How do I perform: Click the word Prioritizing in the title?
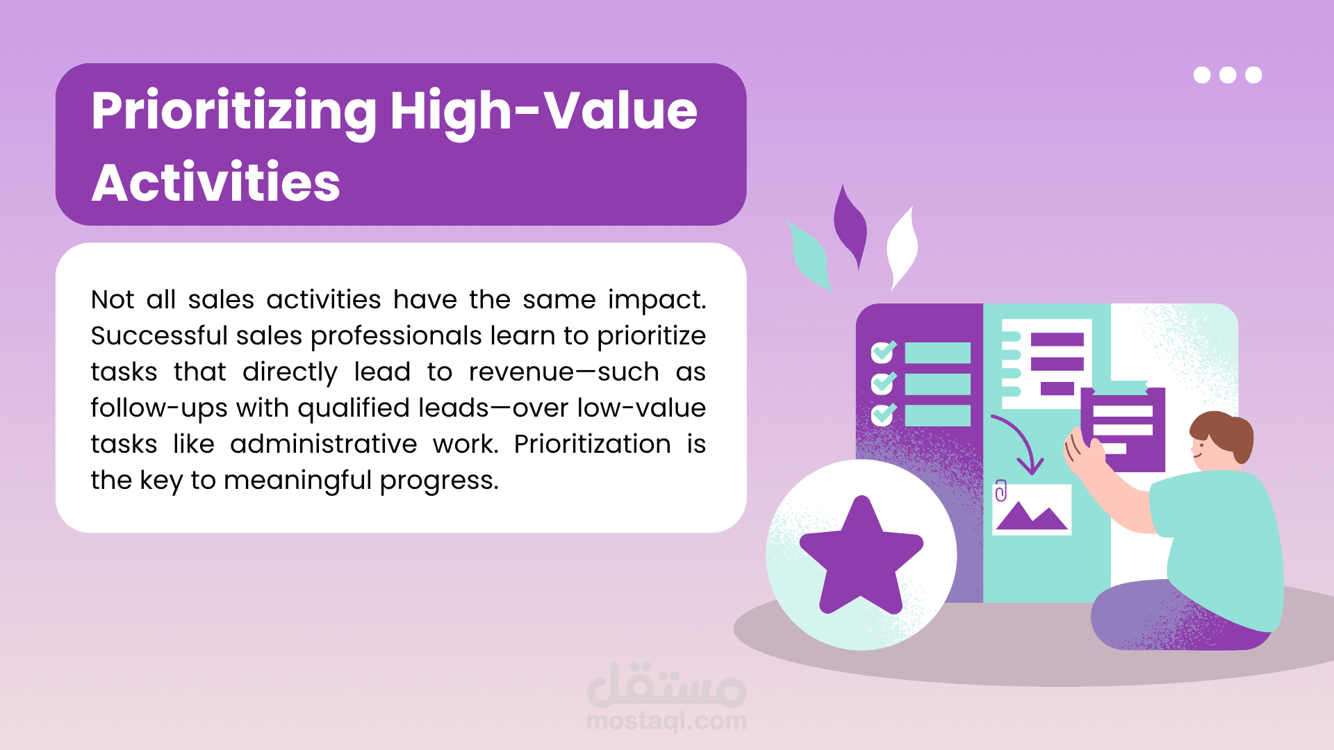coord(233,113)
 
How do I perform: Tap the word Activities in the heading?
coord(216,183)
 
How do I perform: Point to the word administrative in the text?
coord(323,444)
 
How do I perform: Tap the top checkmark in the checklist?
coord(884,351)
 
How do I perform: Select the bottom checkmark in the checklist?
coord(884,414)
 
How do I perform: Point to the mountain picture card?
coord(1032,510)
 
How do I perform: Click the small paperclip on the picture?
coord(1001,490)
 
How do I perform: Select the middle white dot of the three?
coord(1228,75)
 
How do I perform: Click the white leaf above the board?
coord(903,247)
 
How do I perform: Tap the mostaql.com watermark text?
coord(667,721)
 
